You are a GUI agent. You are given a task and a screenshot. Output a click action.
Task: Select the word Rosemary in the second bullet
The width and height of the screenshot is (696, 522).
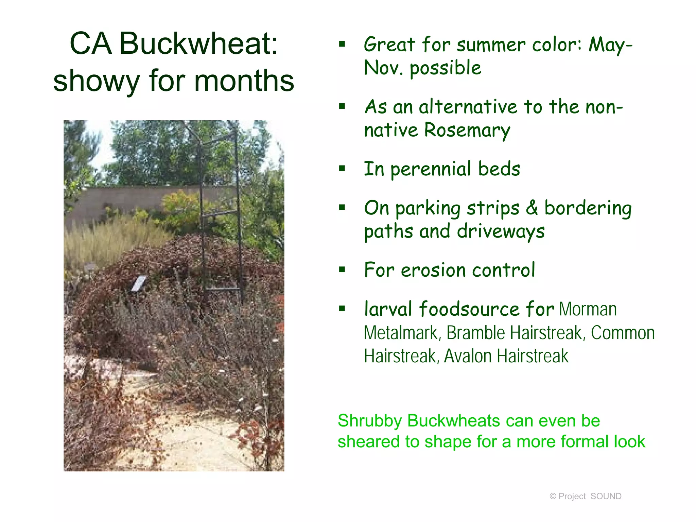pos(467,130)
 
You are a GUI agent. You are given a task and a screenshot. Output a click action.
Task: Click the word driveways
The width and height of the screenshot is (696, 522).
pos(501,232)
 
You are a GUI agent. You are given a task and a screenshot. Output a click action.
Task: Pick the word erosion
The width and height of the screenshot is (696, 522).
pos(433,271)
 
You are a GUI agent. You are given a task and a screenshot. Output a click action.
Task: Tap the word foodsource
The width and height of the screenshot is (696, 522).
pos(469,309)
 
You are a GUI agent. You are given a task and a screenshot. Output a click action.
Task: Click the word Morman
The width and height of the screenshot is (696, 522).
pos(588,309)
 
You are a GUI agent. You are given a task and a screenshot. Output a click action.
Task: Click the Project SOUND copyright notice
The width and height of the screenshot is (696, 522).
pos(585,496)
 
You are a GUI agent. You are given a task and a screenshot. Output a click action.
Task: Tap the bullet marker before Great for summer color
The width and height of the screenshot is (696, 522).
pos(342,44)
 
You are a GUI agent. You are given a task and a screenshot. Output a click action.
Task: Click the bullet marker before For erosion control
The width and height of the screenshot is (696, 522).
pos(342,270)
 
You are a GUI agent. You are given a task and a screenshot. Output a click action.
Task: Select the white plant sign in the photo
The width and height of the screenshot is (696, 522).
pos(139,283)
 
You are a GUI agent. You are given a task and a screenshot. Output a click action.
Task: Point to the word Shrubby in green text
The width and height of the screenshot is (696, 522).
pos(370,421)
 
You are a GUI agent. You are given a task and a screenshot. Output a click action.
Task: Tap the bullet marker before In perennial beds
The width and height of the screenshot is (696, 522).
pos(342,169)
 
